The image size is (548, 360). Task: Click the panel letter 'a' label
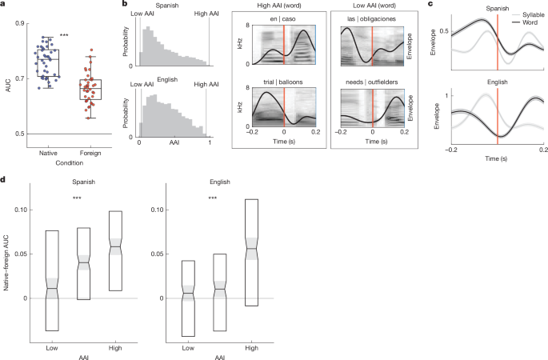[4, 5]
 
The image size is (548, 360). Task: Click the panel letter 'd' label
[4, 181]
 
